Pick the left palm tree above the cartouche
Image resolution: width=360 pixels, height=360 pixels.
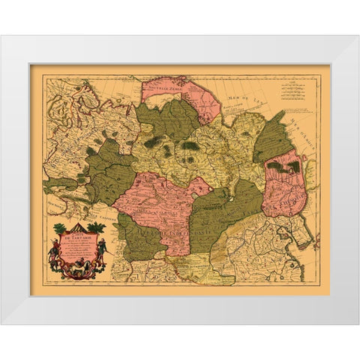pyautogui.click(x=60, y=228)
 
